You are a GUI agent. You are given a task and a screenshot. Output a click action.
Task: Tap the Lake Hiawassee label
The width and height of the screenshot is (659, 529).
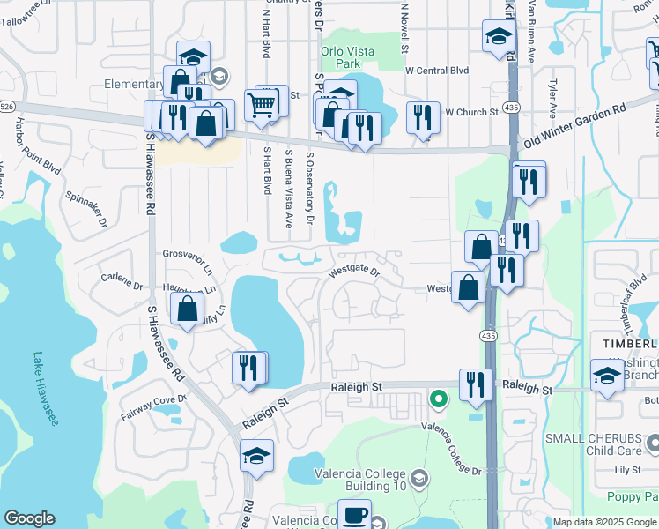click(44, 390)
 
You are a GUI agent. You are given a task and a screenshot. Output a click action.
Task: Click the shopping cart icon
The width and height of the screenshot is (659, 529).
click(262, 105)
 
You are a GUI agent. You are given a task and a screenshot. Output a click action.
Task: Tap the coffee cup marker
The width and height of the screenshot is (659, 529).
click(355, 516)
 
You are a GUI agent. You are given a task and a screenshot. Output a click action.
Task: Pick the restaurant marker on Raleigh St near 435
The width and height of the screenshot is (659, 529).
click(476, 384)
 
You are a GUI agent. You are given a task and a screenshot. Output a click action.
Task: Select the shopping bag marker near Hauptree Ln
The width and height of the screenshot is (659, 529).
click(187, 309)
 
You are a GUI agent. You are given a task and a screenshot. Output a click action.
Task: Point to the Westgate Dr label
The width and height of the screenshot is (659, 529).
click(353, 272)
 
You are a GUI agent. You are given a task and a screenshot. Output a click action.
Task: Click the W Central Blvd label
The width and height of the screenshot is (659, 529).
click(436, 70)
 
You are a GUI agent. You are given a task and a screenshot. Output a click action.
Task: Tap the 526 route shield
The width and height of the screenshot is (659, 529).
click(7, 106)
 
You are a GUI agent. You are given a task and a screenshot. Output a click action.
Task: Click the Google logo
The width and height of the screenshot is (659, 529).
click(30, 518)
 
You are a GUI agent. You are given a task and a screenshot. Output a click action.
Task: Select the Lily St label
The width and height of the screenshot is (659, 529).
click(626, 471)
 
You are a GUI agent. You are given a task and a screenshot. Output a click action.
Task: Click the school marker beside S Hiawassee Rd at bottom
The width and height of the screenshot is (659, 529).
click(255, 456)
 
